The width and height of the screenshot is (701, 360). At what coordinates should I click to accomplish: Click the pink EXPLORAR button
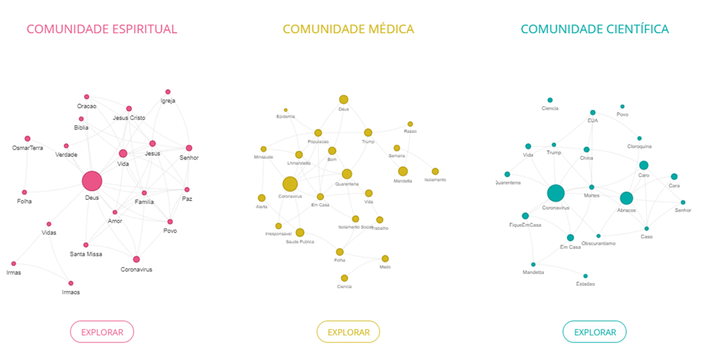pos(102,332)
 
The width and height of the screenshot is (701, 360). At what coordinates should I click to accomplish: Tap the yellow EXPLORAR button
pos(348,332)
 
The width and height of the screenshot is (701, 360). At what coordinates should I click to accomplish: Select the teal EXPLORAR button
pos(594,332)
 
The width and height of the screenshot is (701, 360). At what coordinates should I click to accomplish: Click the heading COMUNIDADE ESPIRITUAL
pos(102,29)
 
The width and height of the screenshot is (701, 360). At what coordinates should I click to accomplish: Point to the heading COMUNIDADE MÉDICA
pos(348,29)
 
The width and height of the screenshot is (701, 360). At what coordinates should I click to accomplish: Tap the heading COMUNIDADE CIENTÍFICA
pos(594,29)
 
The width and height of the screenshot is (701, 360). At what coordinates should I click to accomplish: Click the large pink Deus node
pos(92,182)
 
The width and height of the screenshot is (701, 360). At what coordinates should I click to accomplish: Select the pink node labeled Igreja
pos(168,92)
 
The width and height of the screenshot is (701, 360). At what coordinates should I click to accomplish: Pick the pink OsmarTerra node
pos(28,139)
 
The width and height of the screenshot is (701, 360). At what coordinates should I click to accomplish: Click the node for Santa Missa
pos(86,245)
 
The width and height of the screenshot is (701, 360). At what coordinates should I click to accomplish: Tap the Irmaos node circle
pos(71,283)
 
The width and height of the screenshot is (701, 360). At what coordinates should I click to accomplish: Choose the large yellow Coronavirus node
pos(290,184)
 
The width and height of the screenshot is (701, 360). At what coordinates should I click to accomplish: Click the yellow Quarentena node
pos(347,174)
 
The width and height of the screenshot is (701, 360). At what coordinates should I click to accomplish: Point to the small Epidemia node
pos(286,110)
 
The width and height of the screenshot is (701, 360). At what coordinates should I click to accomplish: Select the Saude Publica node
pos(300,232)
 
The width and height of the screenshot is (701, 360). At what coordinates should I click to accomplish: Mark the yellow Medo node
pos(385,259)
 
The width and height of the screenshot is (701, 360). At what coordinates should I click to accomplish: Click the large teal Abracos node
pos(626,198)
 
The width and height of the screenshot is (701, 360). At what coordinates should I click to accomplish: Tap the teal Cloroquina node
pos(640,139)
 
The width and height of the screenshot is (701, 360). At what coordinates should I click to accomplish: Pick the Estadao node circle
pos(586,276)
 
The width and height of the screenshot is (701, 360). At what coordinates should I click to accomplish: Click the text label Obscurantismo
pos(599,243)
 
